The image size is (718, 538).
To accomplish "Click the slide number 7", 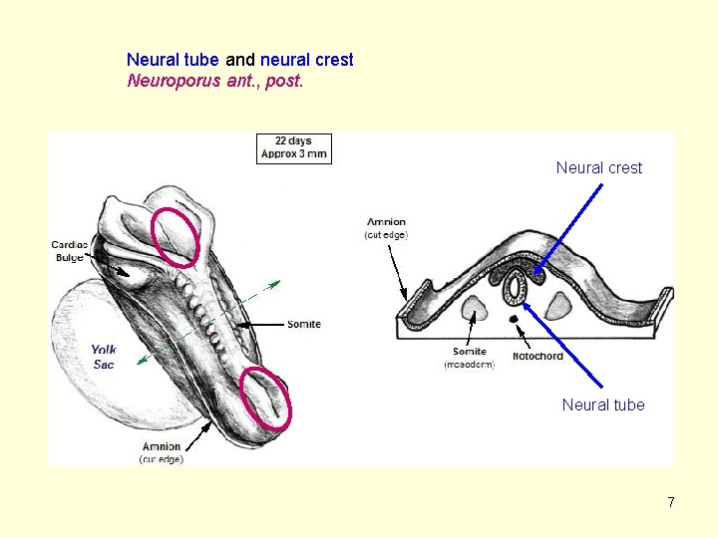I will [671, 502].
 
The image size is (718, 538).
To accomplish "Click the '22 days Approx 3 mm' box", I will [293, 147].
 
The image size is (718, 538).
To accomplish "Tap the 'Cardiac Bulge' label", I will [70, 251].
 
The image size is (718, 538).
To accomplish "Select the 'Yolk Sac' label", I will [103, 357].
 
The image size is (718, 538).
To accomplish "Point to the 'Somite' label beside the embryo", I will [304, 324].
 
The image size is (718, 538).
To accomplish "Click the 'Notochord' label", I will [538, 356].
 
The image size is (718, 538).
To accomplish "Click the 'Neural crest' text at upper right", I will [598, 168].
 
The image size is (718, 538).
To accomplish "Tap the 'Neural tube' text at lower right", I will [602, 404].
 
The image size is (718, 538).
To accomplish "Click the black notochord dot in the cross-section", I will [514, 319].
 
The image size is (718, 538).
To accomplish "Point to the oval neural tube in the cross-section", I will [515, 288].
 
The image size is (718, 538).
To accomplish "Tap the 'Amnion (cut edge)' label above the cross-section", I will [386, 228].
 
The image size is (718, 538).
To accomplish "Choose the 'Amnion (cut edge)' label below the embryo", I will [161, 452].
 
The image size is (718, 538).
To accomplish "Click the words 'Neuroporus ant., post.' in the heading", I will [214, 80].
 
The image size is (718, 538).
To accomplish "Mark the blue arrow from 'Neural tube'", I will [563, 345].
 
